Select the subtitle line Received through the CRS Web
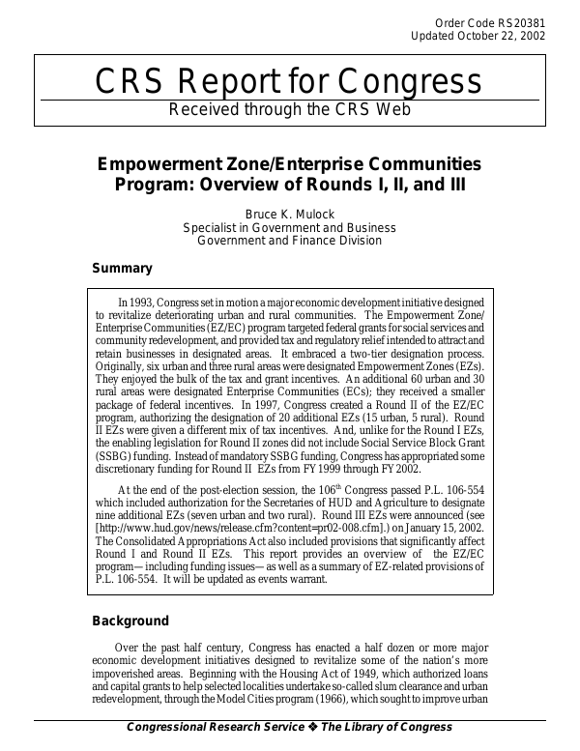pyautogui.click(x=290, y=108)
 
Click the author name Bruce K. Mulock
pyautogui.click(x=289, y=214)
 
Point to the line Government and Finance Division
pyautogui.click(x=289, y=241)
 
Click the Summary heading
pyautogui.click(x=122, y=269)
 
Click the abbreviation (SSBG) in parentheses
pyautogui.click(x=115, y=453)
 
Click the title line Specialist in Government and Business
pyautogui.click(x=289, y=227)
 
